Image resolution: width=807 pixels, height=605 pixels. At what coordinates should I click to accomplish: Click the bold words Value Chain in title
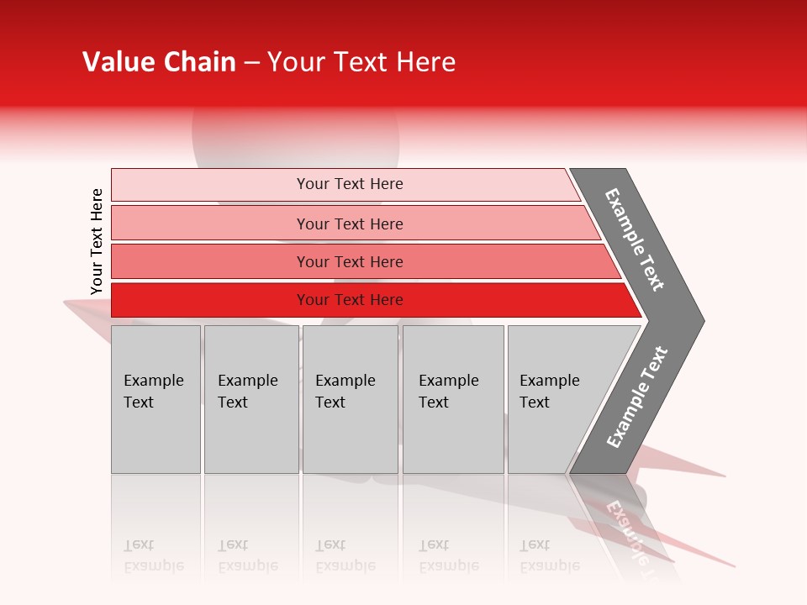[x=159, y=62]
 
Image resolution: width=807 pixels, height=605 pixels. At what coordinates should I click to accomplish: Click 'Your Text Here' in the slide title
[x=361, y=62]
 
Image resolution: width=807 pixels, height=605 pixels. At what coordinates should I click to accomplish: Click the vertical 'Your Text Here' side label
[x=97, y=241]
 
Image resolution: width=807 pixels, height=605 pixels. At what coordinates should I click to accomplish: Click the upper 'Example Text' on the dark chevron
[x=635, y=239]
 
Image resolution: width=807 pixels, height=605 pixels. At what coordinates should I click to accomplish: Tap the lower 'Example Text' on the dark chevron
[x=637, y=397]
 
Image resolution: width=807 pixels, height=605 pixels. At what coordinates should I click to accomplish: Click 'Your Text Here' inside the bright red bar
[x=350, y=300]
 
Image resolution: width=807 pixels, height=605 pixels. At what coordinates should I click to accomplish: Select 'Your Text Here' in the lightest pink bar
[x=350, y=184]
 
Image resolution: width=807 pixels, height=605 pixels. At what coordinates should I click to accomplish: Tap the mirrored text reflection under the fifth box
[x=549, y=555]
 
